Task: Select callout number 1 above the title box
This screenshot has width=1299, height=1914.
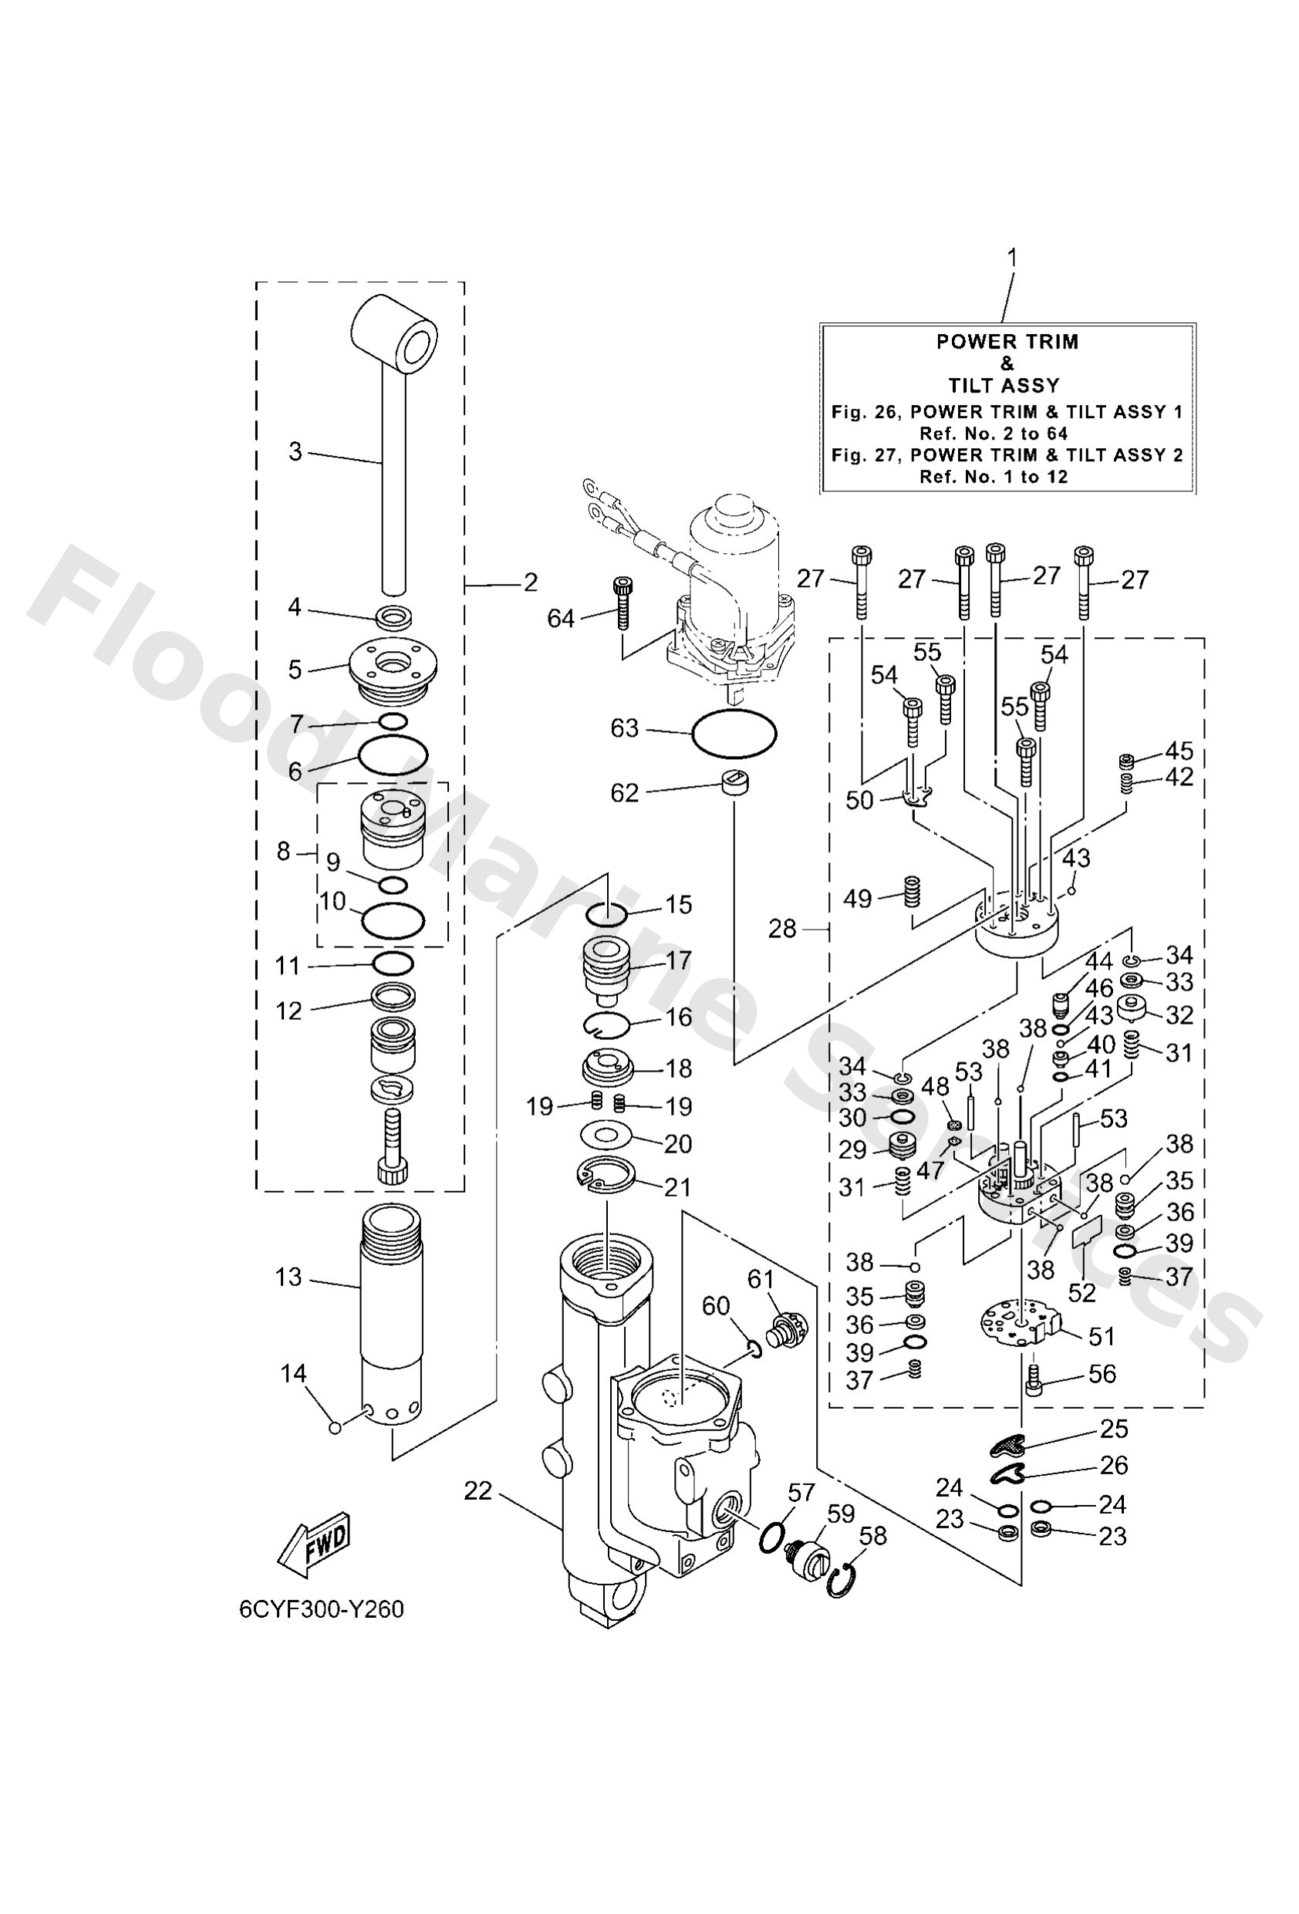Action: [x=1011, y=258]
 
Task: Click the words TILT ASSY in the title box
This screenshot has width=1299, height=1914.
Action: [x=1004, y=385]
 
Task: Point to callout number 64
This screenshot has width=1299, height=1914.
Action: [x=561, y=618]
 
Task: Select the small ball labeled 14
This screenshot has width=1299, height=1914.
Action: [x=335, y=1427]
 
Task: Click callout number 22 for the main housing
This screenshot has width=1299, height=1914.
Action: [x=477, y=1490]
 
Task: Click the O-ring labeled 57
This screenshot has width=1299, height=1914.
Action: [x=774, y=1536]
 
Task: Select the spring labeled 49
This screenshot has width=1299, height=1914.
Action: [x=912, y=890]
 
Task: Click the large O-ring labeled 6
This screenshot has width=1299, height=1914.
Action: [x=393, y=755]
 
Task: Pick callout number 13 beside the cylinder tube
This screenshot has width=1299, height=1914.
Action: [x=288, y=1278]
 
